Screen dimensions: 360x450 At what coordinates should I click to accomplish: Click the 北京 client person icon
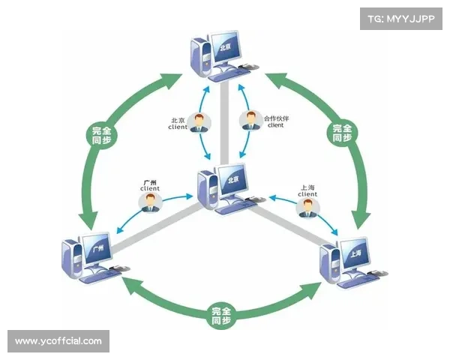199,122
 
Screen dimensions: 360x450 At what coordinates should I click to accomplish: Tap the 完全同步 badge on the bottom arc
220,316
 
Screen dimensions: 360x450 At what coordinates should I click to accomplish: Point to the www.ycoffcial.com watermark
58,341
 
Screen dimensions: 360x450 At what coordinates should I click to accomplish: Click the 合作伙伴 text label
275,118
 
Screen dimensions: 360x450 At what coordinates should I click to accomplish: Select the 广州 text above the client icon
149,182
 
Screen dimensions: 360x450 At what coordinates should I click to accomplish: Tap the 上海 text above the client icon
307,187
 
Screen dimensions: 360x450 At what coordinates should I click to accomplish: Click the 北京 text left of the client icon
178,120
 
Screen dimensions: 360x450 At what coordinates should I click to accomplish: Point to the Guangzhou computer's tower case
73,257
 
